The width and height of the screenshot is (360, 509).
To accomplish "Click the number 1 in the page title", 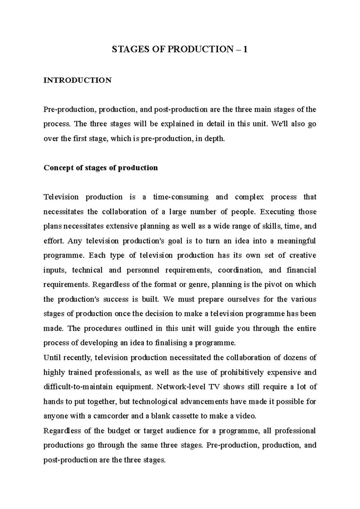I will [245, 49].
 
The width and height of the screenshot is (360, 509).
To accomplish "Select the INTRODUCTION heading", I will [77, 80].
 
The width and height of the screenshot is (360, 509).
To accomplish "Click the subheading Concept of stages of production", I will [100, 168].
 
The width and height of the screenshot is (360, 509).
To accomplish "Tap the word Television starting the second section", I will [61, 197].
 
